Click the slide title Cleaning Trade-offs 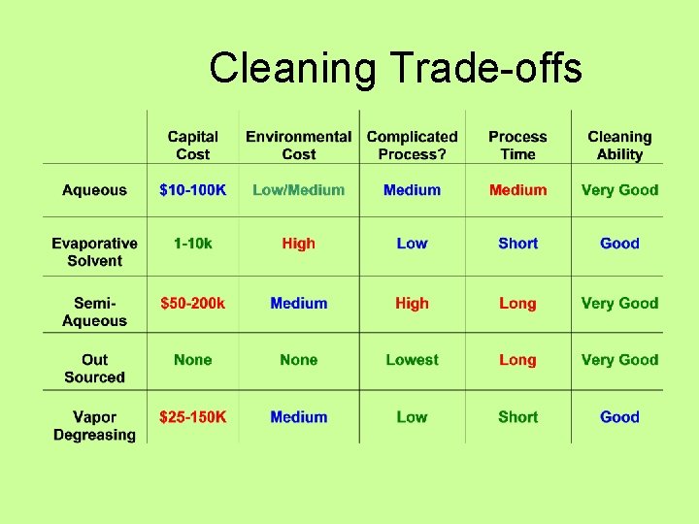pos(395,69)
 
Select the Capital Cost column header pos(192,146)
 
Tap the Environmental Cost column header pos(298,146)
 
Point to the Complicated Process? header pos(412,146)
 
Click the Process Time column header pos(517,146)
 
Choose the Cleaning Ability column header pos(619,146)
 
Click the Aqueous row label pos(94,190)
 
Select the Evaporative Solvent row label pos(94,252)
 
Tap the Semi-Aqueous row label pos(94,311)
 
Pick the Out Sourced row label pos(94,369)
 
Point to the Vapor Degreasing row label pos(94,426)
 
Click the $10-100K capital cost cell pos(192,190)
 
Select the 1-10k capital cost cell pos(192,244)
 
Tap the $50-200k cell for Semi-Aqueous pos(192,303)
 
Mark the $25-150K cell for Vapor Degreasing pos(192,417)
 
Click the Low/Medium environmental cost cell pos(298,190)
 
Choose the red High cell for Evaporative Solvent pos(298,244)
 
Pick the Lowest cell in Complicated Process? pos(412,360)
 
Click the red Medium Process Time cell pos(517,190)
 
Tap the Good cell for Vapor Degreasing pos(619,417)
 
